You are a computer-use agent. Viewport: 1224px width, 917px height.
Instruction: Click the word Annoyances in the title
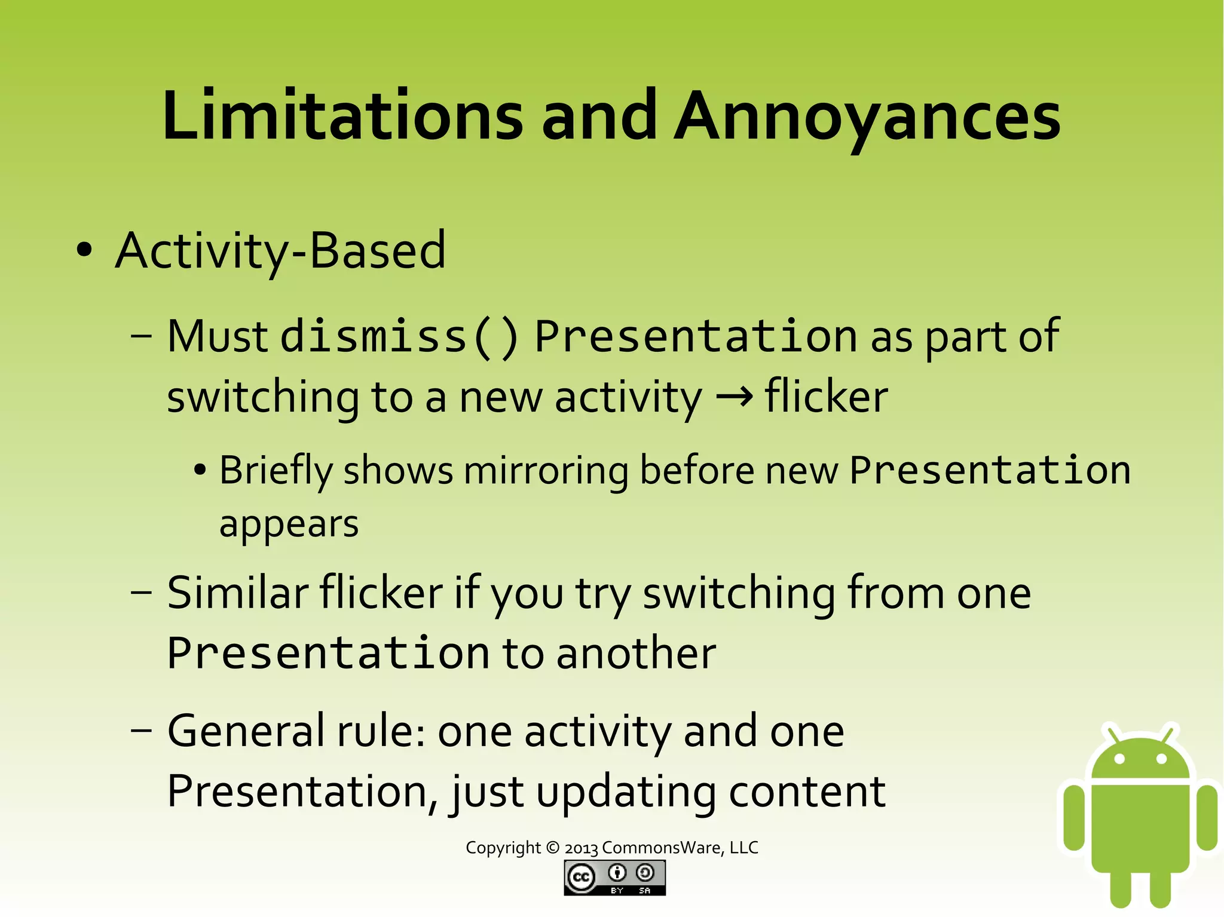point(867,116)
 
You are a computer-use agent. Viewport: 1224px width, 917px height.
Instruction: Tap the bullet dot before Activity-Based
point(85,250)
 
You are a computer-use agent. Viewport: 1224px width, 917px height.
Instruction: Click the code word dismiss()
point(399,336)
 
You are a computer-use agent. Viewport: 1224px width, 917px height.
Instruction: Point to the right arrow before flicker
point(734,397)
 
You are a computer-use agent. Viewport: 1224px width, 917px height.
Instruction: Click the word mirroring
point(546,471)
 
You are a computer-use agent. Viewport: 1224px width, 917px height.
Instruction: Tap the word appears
point(289,525)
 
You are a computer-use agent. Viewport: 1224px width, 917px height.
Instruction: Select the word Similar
point(237,593)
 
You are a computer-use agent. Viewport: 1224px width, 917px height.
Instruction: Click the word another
point(636,653)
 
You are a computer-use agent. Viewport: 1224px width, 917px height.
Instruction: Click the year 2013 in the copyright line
point(581,848)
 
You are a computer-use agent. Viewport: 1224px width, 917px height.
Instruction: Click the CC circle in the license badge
point(580,877)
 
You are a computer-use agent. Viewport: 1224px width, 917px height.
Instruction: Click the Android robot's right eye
point(1161,759)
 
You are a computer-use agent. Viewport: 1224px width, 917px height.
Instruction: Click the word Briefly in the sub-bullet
point(276,471)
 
